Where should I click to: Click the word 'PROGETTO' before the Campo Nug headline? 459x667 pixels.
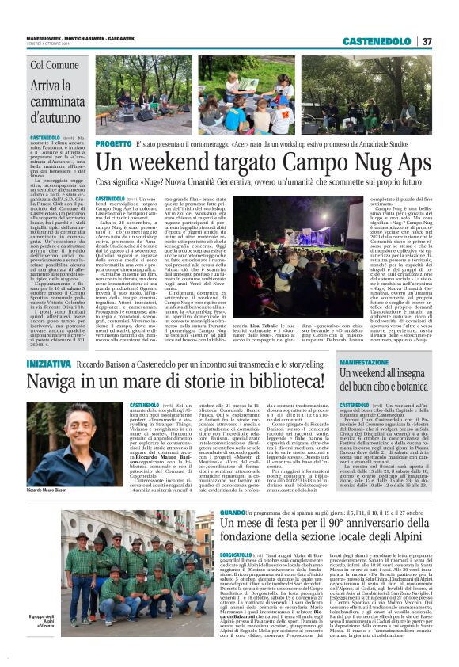112,144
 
